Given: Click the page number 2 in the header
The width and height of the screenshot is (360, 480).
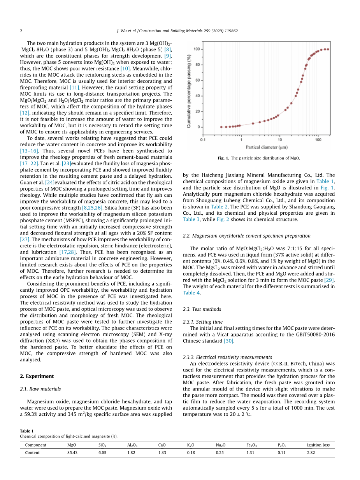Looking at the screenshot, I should coord(21,31).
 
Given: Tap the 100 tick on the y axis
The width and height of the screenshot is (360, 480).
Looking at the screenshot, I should coord(197,49).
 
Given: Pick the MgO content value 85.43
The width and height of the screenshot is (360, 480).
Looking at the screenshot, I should coord(72,453).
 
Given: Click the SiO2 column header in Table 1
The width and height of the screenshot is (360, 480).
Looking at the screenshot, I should coord(102,445).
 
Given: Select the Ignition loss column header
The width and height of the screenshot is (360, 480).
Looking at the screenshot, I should coord(318,445).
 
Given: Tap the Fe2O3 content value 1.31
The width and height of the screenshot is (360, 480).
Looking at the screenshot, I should coord(251,453).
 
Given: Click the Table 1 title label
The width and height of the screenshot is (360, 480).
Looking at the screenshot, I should coord(27,431).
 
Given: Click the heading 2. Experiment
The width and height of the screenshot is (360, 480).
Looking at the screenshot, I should coord(37,376).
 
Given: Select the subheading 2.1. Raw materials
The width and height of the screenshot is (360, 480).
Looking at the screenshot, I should coord(40,389).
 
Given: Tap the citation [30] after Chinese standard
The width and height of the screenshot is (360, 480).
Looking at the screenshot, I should coord(228,341).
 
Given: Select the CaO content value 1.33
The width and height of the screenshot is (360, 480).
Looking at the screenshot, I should coord(162,453).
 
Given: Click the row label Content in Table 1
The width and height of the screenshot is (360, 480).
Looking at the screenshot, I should coord(33,453).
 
